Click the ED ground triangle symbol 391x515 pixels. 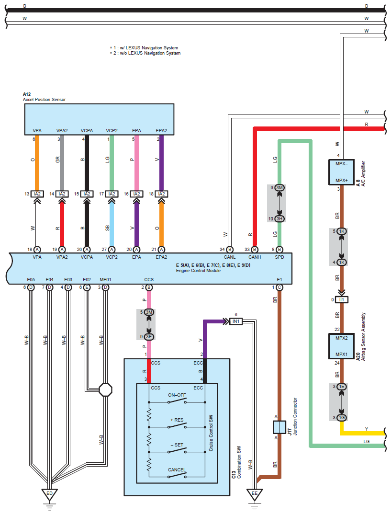point(49,493)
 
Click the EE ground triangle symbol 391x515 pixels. point(254,493)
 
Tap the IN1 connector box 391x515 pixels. point(236,321)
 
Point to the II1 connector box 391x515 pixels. point(342,299)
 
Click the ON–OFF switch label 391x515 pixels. point(177,395)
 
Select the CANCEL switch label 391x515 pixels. point(177,469)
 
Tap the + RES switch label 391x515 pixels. point(177,420)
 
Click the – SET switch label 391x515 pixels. point(177,445)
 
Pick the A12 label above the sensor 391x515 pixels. point(27,94)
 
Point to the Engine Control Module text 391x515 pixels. point(198,271)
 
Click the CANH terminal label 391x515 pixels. point(255,257)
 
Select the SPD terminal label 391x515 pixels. point(279,257)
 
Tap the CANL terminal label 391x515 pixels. point(230,257)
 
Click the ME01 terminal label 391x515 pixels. point(105,279)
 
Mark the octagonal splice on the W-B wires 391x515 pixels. point(105,389)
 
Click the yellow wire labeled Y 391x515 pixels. point(364,433)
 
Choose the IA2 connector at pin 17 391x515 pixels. point(112,194)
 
